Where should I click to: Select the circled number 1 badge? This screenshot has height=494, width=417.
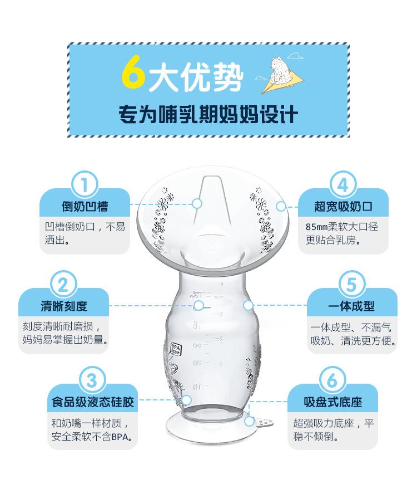(85, 183)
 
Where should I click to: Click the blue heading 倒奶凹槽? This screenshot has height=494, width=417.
(85, 207)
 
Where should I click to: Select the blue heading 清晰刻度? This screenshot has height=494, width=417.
(63, 306)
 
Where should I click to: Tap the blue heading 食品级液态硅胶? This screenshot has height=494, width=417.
(92, 402)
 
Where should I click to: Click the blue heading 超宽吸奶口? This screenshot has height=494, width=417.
(343, 207)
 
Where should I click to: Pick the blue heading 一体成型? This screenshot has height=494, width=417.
(351, 306)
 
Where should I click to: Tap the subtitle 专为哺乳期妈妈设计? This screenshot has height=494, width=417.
(209, 115)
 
